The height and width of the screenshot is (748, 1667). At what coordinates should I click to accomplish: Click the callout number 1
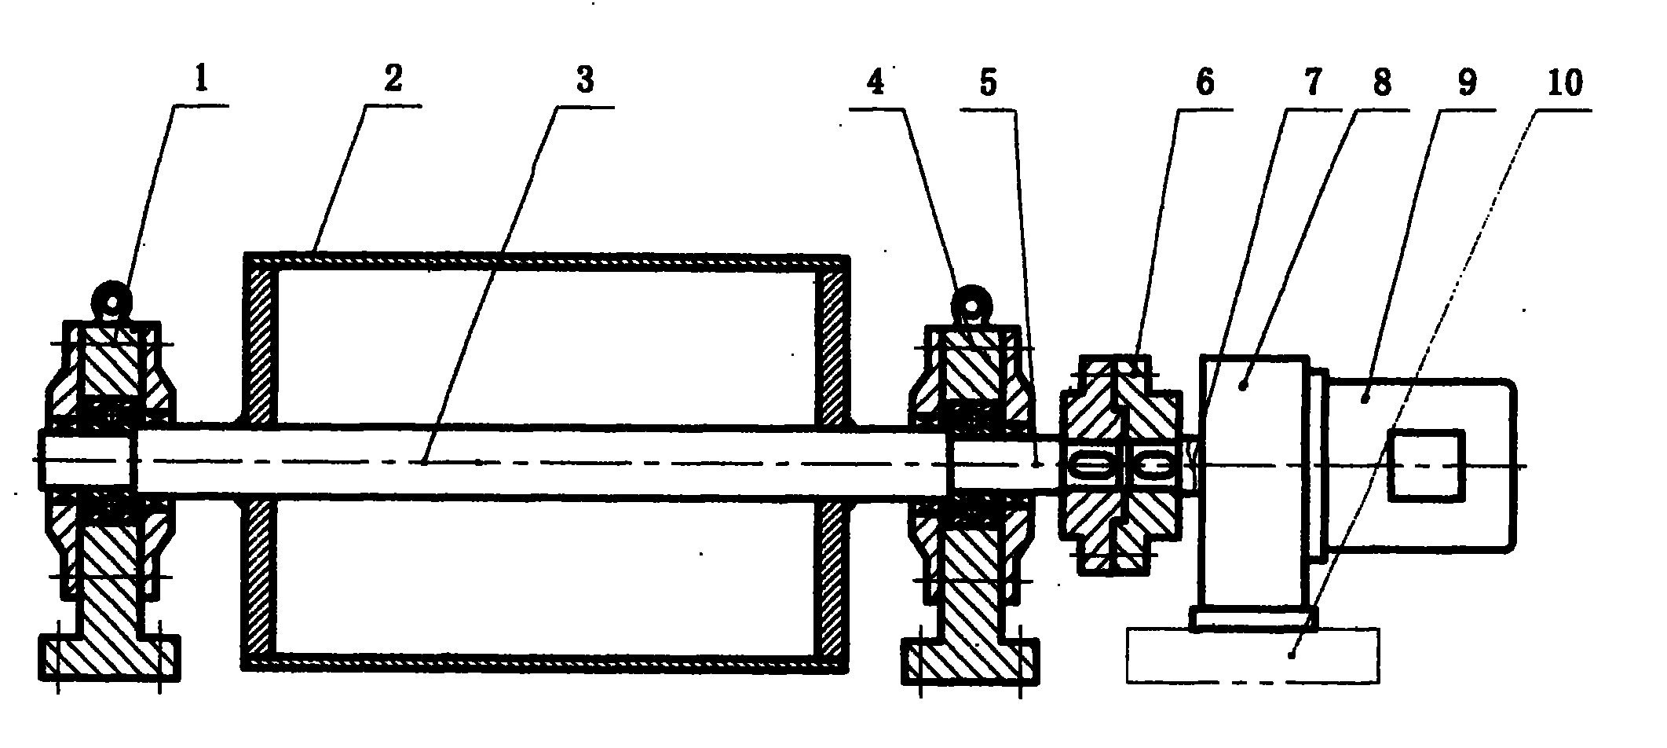pyautogui.click(x=202, y=80)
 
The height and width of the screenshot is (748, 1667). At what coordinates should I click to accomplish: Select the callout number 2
pyautogui.click(x=392, y=79)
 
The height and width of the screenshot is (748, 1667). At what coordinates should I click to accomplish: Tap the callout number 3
pyautogui.click(x=585, y=80)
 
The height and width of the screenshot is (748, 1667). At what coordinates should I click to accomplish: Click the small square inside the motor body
pyautogui.click(x=1426, y=466)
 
